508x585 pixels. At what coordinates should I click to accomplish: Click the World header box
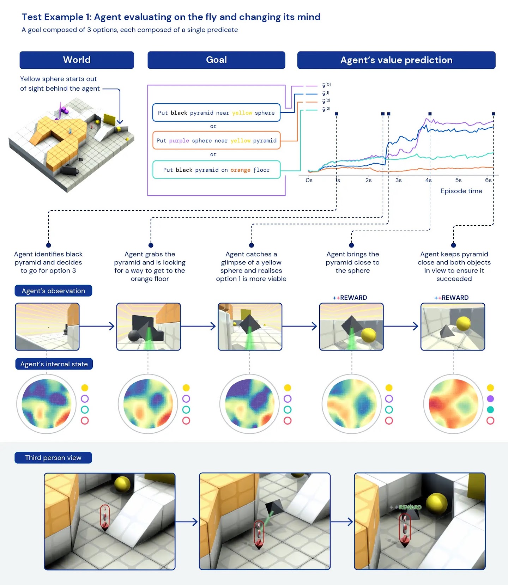tap(77, 60)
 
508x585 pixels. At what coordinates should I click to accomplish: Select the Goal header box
tap(216, 60)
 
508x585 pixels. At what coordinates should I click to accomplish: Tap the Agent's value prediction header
tap(396, 60)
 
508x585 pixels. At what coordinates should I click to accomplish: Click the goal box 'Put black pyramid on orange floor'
tap(216, 170)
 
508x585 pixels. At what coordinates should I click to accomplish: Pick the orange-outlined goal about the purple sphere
tap(216, 141)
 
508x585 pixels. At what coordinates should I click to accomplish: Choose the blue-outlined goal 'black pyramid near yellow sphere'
tap(216, 113)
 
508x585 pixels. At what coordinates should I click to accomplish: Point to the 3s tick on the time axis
tap(398, 180)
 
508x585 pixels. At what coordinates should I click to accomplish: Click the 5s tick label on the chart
tap(458, 180)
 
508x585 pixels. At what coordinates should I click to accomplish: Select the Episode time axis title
tap(461, 191)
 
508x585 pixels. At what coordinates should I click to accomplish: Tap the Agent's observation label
tap(53, 291)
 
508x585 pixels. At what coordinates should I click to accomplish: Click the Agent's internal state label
tap(54, 364)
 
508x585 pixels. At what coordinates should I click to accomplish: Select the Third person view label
tap(53, 458)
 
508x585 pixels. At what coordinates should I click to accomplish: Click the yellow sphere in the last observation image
tap(463, 323)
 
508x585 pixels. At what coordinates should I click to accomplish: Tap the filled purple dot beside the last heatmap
tap(490, 399)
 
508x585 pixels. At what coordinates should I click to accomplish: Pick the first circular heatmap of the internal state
tap(46, 404)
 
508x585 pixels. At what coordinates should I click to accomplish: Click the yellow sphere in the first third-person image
tap(122, 484)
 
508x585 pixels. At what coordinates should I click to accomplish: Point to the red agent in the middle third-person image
tap(259, 532)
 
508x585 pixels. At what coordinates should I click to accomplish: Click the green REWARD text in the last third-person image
tap(409, 507)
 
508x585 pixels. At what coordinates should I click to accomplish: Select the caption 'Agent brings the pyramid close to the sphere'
tap(352, 262)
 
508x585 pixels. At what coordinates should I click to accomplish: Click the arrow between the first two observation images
tap(97, 326)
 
